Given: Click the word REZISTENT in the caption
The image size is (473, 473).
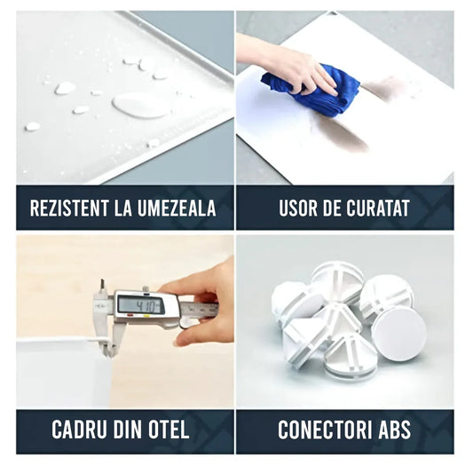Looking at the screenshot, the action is pos(69,208).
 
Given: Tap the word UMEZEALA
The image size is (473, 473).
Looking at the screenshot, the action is pos(177,208).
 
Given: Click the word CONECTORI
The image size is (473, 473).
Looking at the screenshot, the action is pos(325,430).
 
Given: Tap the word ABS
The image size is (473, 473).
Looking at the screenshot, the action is pos(395,430).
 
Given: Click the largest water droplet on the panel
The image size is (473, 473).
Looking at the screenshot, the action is pos(141,106).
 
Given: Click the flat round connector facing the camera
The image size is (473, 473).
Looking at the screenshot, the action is pos(399,334).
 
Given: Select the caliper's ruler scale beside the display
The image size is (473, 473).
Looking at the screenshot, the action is pos(199,309).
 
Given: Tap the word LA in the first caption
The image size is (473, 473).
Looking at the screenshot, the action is pos(123,208).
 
